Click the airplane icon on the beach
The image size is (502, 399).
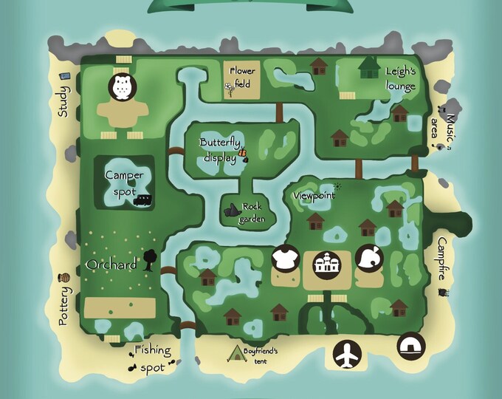[x=345, y=355]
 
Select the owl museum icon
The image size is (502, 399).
[x=121, y=86]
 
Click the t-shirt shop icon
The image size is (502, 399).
[x=284, y=259]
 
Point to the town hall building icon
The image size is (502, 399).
[x=326, y=264]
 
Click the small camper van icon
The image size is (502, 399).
[x=144, y=199]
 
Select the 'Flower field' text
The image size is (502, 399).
[x=243, y=77]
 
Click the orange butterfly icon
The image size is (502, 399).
[x=242, y=153]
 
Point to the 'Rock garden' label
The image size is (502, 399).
[x=252, y=212]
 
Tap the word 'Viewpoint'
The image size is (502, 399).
[x=314, y=195]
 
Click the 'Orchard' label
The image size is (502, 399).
[x=111, y=265]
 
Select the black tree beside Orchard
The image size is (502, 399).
[x=149, y=258]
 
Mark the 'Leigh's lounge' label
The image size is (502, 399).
[x=400, y=78]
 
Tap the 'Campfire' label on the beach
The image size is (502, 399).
[x=441, y=258]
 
